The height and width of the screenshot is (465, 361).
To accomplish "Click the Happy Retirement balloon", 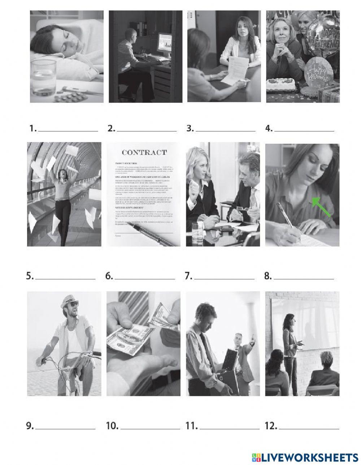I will pos(326,32).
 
